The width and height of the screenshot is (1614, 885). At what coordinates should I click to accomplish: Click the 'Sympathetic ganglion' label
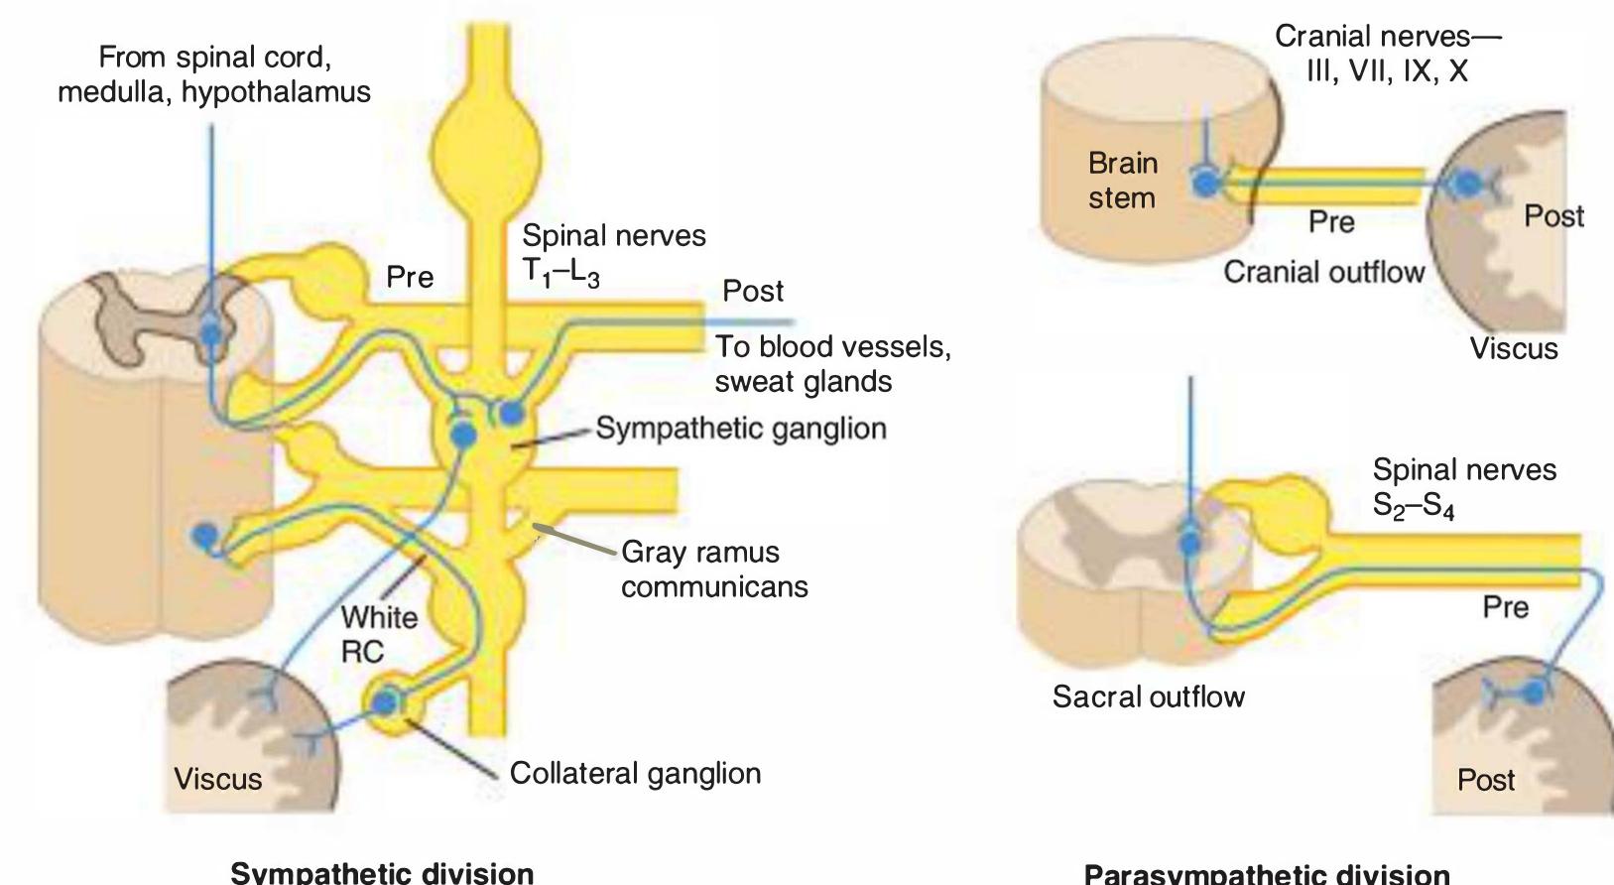pos(740,429)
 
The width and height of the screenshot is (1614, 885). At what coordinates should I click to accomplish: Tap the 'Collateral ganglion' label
pos(635,773)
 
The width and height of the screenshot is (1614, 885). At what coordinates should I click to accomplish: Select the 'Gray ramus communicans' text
pos(713,569)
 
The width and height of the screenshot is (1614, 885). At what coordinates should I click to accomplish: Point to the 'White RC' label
pos(378,634)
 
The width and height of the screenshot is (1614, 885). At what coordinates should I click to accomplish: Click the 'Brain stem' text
pos(1122,181)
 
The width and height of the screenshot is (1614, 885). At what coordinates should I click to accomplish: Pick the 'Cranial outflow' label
pos(1323,272)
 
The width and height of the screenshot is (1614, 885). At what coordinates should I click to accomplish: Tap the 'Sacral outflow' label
pos(1148,696)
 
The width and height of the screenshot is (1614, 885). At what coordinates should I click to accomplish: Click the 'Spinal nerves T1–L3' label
pos(613,253)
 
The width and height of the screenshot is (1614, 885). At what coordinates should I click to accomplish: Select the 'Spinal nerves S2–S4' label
pos(1463,487)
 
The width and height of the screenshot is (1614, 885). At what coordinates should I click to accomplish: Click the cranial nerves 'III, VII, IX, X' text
pos(1387,71)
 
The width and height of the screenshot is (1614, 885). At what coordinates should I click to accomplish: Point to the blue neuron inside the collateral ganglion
pos(384,703)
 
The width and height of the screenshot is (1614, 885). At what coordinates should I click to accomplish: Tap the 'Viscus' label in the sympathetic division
pos(217,779)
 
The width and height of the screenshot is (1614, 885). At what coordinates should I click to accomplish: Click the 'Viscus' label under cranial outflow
pos(1513,348)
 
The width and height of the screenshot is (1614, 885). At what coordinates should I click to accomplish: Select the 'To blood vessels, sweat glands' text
pos(831,363)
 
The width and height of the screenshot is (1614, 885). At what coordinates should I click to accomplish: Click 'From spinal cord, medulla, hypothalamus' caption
pos(213,74)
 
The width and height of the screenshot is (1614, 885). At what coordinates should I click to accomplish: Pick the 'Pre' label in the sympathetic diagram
pos(409,277)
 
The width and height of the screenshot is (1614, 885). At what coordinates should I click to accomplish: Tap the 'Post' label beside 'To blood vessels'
pos(752,291)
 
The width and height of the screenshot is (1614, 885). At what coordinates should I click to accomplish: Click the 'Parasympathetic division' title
pos(1266,874)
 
